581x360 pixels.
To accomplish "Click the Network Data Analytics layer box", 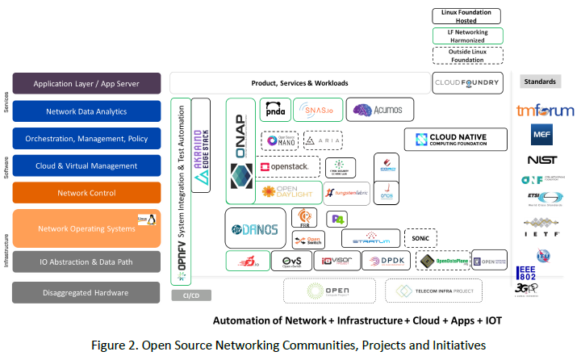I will [x=86, y=111].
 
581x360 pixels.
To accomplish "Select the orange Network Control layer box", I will [x=86, y=193].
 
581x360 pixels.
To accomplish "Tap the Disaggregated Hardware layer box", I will [x=86, y=292].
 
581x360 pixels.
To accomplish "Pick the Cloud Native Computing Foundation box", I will [x=456, y=139].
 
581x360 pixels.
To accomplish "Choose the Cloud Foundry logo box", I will [x=467, y=82].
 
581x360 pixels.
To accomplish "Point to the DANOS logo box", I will [x=254, y=229].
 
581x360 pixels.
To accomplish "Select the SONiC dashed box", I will [x=420, y=238].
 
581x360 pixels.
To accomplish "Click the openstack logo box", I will [x=283, y=167].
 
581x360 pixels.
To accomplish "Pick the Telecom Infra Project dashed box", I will [x=433, y=291].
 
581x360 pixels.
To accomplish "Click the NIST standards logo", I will [x=540, y=160].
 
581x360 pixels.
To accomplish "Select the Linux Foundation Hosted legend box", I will [x=467, y=16].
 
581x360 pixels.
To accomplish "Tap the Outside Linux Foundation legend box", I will [x=467, y=55].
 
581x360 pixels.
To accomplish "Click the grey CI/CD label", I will [x=190, y=295].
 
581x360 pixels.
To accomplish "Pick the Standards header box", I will [x=540, y=82].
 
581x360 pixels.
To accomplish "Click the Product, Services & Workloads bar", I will [x=299, y=82].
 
